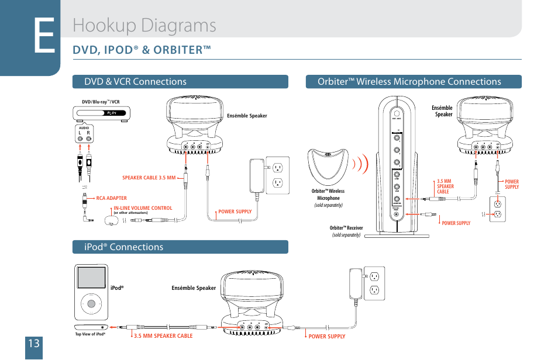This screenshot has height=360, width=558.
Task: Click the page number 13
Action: [33, 343]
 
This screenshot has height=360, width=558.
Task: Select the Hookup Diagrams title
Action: [144, 25]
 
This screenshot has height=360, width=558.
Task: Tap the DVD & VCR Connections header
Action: [135, 82]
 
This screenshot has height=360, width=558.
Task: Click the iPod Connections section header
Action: [123, 247]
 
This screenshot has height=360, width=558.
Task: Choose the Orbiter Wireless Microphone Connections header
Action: [409, 82]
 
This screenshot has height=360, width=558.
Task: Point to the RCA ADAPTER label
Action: [111, 198]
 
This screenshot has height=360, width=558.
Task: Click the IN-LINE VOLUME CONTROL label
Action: [143, 208]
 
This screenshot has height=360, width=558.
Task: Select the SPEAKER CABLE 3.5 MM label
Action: [149, 178]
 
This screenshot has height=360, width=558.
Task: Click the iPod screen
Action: [91, 279]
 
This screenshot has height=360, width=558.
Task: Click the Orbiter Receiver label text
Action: [346, 228]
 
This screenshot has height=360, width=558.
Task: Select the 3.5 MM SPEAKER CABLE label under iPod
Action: [163, 336]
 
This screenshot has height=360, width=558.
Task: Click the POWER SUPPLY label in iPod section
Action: [327, 337]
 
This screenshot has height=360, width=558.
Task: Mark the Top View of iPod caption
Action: [89, 334]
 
